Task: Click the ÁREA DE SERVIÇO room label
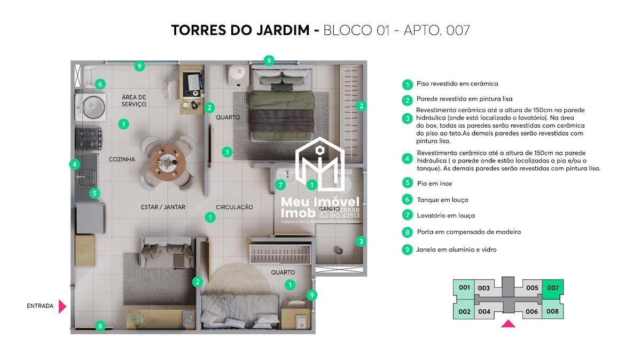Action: [x=134, y=100]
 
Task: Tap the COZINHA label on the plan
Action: [x=122, y=159]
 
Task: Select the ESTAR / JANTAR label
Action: [x=163, y=207]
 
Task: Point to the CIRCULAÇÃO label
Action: [x=234, y=207]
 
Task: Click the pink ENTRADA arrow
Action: [x=62, y=306]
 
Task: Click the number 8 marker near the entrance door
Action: [x=100, y=326]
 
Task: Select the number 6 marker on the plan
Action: [x=100, y=84]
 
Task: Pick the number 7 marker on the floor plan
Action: [x=280, y=185]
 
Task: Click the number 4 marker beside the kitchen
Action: [x=75, y=165]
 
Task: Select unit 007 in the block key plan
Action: [x=553, y=288]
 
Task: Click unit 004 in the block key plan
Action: [x=484, y=311]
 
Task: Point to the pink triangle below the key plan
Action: [x=508, y=323]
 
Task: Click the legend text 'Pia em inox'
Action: [x=434, y=183]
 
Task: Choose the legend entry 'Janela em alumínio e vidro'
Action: [x=456, y=249]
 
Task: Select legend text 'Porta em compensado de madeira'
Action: [x=468, y=232]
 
